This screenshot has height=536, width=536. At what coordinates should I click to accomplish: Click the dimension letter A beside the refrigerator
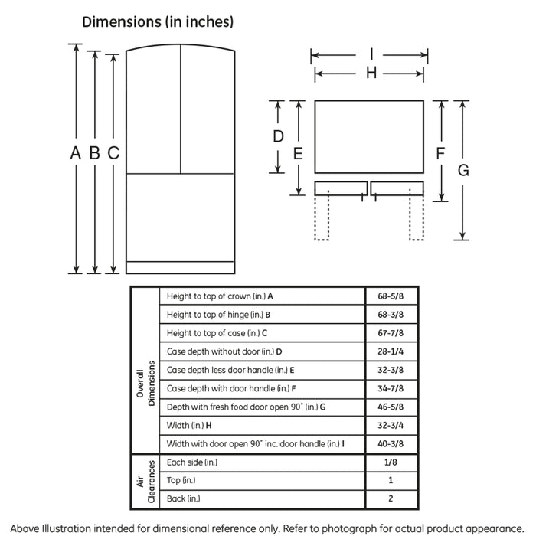point(76,153)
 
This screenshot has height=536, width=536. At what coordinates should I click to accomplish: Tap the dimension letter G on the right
point(463,170)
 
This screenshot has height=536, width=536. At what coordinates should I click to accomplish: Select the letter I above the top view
point(371,54)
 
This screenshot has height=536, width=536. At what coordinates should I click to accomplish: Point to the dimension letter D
point(278,136)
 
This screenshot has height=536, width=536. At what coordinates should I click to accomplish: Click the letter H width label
point(371,73)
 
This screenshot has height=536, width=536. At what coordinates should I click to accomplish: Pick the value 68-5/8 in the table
point(391,296)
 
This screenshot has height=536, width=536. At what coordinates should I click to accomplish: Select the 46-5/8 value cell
point(391,407)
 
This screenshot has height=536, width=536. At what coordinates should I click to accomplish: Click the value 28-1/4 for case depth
point(391,351)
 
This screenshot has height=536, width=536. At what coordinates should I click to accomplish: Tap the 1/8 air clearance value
point(391,462)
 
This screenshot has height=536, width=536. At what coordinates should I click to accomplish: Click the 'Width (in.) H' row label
point(189,425)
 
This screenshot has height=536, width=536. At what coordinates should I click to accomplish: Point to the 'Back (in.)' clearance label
point(184,498)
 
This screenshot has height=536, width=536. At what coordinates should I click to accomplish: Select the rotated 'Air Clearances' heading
point(145,482)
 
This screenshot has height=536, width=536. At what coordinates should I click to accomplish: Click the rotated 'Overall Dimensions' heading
point(145,383)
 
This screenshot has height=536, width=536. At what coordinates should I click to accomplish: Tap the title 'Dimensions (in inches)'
point(158,22)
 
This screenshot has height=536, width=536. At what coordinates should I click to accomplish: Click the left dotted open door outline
point(322,215)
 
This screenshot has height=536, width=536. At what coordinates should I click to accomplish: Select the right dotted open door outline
point(417,214)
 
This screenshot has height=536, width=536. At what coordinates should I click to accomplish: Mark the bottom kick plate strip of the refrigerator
point(180,268)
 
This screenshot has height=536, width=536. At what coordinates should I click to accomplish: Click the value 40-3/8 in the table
point(391,443)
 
